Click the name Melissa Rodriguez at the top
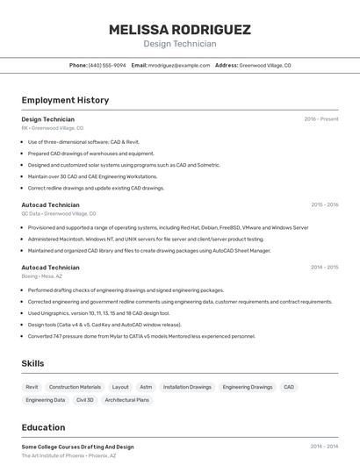pos(179,30)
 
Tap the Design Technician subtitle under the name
pos(179,44)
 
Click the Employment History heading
pos(65,100)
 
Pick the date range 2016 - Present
pos(321,119)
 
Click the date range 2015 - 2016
pos(324,204)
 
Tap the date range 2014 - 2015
pos(324,268)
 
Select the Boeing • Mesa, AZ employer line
pos(42,276)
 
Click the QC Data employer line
pos(59,213)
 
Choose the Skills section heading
pos(32,363)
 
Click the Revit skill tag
pos(32,387)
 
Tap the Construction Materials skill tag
pos(75,387)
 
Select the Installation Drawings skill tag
pos(187,387)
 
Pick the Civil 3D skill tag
pos(85,400)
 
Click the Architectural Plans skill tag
pos(127,400)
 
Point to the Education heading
pos(43,427)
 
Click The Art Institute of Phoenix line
pos(68,456)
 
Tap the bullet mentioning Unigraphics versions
pos(98,312)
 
